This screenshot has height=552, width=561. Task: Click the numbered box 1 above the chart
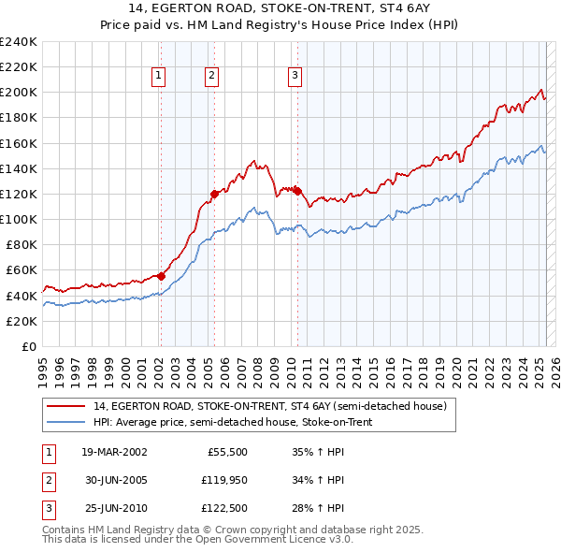[x=159, y=77]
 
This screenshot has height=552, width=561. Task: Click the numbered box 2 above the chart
[x=213, y=77]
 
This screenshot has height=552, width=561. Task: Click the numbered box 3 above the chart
[x=295, y=77]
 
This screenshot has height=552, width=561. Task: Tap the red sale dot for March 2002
[x=160, y=276]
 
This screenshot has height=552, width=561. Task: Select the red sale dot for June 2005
[x=214, y=194]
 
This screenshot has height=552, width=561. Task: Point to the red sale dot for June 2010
[x=297, y=191]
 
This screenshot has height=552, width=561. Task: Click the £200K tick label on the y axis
[x=19, y=93]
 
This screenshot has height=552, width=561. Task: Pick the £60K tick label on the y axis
[x=22, y=269]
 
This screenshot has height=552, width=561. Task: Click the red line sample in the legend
[x=65, y=406]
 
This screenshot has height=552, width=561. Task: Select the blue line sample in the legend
[x=65, y=421]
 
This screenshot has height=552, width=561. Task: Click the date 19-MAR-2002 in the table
[x=114, y=452]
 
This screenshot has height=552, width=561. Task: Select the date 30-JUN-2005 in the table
[x=114, y=481]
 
